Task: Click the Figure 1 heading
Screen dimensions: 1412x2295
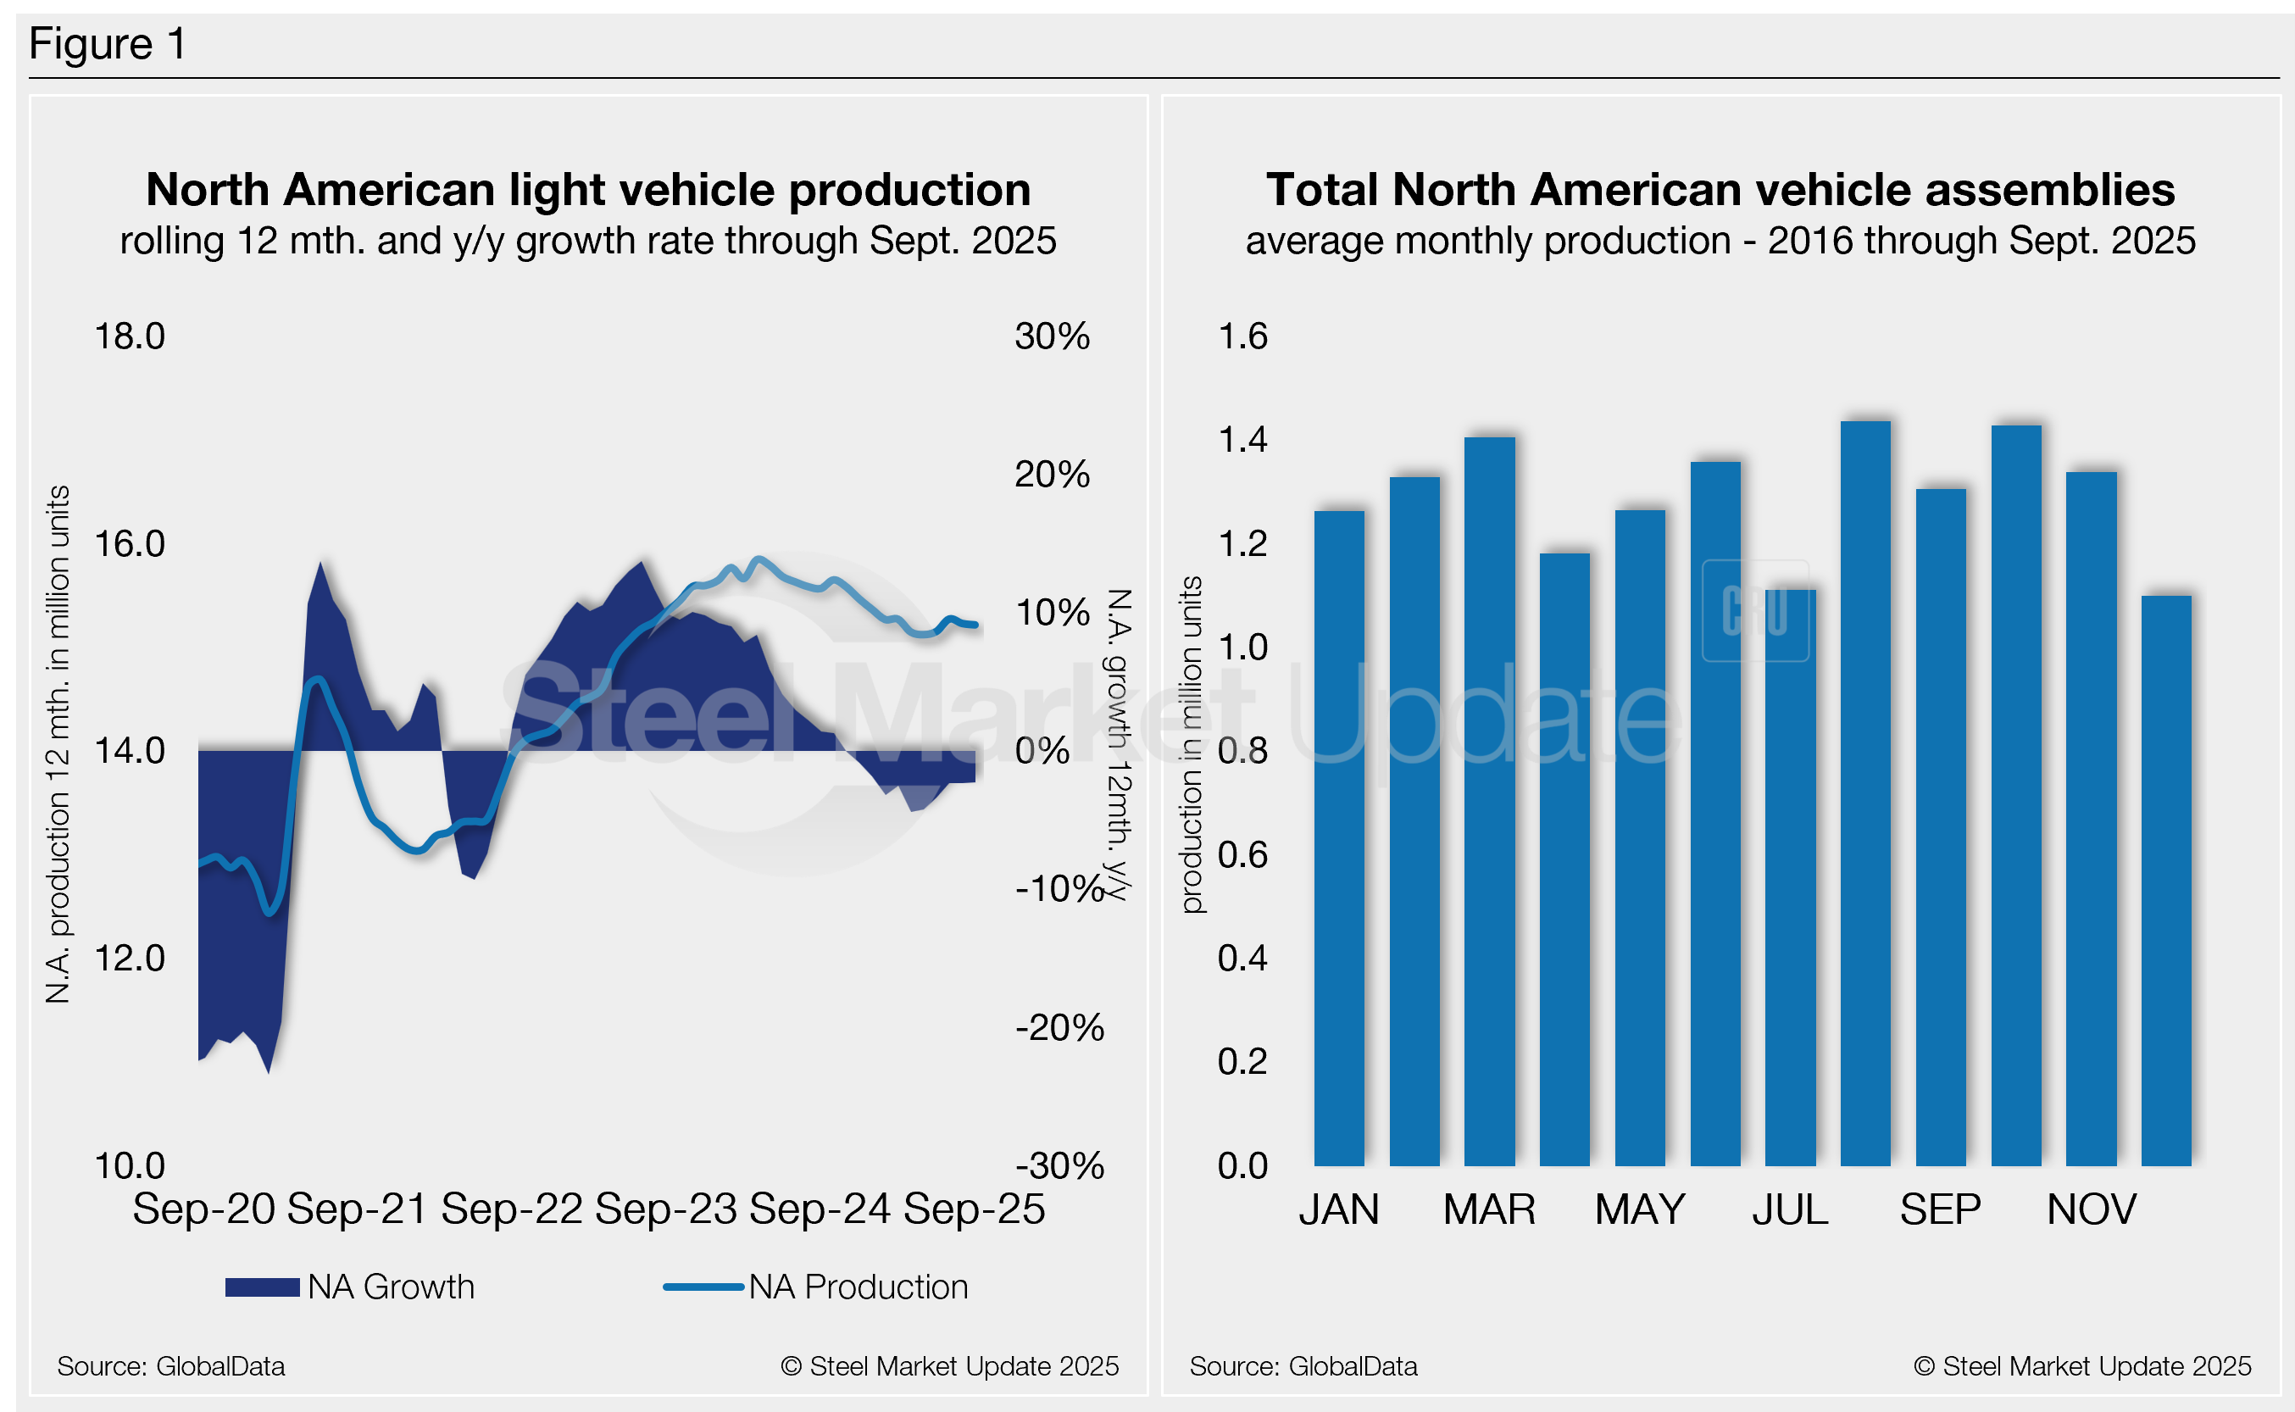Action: [108, 44]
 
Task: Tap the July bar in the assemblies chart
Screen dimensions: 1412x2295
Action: [1790, 877]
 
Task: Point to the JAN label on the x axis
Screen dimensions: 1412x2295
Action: [1338, 1210]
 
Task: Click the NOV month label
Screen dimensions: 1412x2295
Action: [2091, 1210]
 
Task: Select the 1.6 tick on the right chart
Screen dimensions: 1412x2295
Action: [1242, 336]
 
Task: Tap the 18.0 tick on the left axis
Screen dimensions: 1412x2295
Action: [130, 336]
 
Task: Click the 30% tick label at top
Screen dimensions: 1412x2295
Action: [1052, 336]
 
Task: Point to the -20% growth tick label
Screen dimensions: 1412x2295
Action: [1059, 1027]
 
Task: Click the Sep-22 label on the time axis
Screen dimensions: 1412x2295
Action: [512, 1209]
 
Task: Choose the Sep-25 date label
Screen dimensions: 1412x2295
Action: [974, 1209]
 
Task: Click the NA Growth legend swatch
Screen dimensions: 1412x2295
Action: [263, 1287]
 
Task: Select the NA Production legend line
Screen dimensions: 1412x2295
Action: [703, 1287]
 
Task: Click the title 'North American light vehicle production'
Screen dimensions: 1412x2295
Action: [588, 190]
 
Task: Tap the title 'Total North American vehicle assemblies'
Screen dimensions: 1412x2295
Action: [1720, 190]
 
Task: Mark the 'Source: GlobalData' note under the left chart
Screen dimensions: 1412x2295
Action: [171, 1366]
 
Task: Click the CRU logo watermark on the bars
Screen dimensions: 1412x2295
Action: [1754, 611]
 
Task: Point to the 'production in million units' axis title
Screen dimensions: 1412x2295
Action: [1191, 744]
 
